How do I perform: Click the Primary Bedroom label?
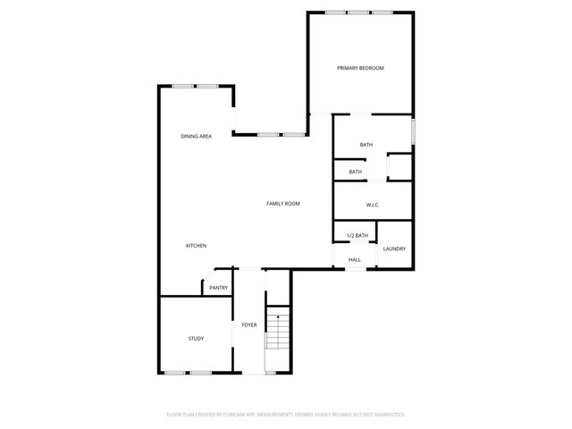(360, 68)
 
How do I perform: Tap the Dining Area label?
(196, 136)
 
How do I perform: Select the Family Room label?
(282, 204)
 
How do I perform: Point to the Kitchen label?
(196, 246)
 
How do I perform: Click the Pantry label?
(218, 288)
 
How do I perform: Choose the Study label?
(196, 339)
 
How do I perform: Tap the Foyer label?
(249, 324)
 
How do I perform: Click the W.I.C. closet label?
(373, 206)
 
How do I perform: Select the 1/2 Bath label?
(357, 235)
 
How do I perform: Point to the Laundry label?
(394, 248)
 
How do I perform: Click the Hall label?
(355, 260)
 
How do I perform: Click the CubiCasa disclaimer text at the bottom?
(286, 415)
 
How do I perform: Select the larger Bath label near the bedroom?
(366, 145)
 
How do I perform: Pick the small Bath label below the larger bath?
(356, 172)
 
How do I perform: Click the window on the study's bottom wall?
(188, 372)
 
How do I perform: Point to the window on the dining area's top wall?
(196, 86)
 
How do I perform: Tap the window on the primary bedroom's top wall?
(360, 13)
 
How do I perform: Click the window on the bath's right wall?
(413, 130)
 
